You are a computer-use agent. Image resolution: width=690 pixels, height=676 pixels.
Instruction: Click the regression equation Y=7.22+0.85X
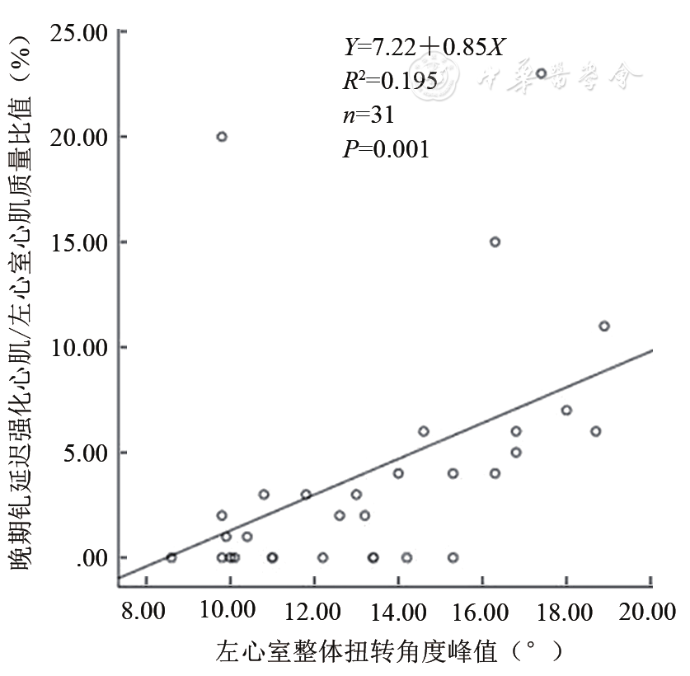click(424, 47)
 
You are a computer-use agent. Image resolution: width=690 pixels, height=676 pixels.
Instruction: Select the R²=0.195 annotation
click(390, 81)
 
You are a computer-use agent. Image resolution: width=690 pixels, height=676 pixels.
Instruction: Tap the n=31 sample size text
click(368, 115)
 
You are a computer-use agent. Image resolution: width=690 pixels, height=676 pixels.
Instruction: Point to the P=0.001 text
click(386, 149)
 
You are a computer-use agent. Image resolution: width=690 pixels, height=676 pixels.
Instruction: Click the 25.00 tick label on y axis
click(79, 32)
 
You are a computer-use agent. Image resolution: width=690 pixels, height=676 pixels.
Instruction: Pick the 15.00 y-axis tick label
click(79, 242)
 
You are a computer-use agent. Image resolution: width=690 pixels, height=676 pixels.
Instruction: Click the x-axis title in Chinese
click(390, 652)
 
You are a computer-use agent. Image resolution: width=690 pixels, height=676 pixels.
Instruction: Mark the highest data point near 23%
click(541, 73)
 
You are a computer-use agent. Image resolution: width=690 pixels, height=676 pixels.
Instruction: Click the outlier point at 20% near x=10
click(222, 137)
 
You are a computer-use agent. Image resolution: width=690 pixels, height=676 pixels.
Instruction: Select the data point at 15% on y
click(495, 242)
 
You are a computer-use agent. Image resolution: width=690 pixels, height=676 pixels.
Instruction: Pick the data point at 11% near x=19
click(604, 326)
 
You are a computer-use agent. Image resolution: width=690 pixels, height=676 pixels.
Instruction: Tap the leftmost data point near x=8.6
click(171, 557)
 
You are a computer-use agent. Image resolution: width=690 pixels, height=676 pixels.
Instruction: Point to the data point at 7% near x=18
click(566, 410)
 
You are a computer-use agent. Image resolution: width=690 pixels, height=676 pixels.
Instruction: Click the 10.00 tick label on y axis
click(79, 347)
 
